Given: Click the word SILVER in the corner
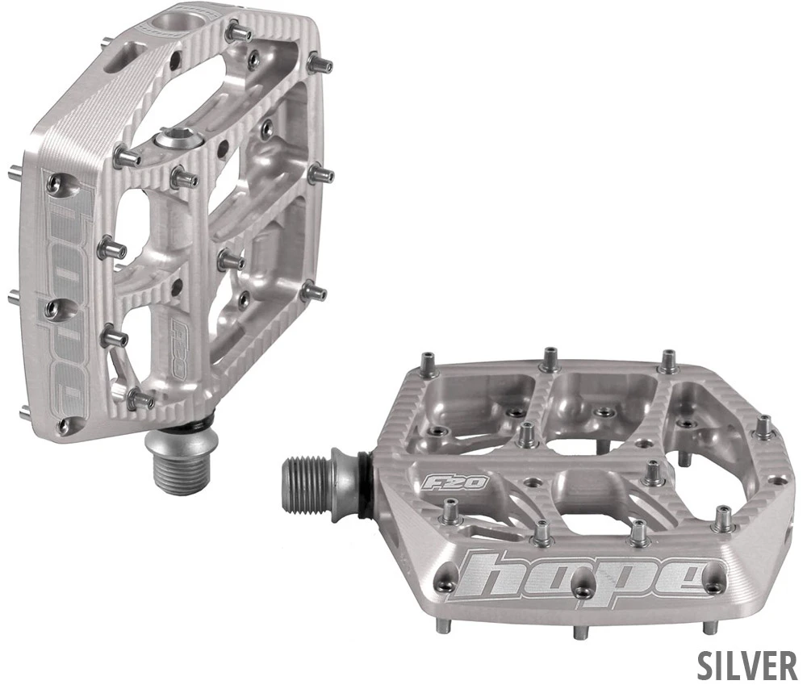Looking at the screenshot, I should (747, 666).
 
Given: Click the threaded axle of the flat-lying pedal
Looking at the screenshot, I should (312, 484).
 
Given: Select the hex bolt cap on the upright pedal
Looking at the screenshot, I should (172, 140).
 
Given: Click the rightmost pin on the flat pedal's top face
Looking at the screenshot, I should (762, 426).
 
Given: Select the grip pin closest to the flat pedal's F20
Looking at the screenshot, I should (448, 512).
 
